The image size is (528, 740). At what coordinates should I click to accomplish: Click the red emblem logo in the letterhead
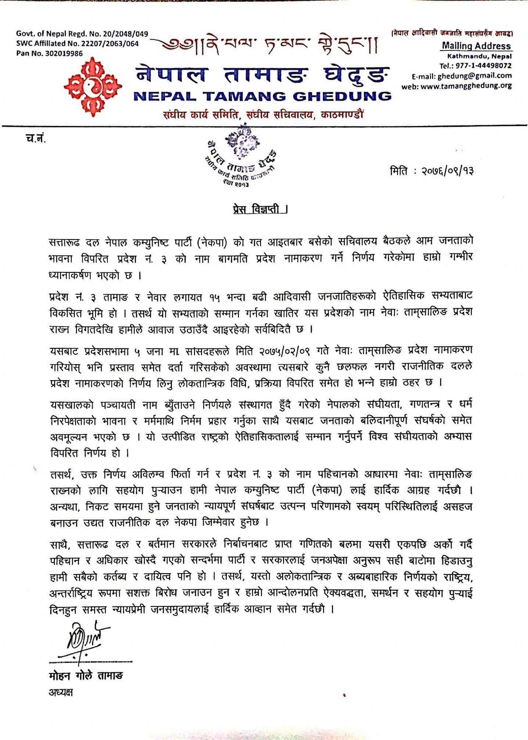pyautogui.click(x=93, y=87)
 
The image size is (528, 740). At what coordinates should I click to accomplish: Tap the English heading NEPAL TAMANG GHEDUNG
pyautogui.click(x=262, y=97)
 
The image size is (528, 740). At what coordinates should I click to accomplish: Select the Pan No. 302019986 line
pyautogui.click(x=49, y=53)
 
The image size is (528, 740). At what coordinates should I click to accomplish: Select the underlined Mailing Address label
pyautogui.click(x=476, y=46)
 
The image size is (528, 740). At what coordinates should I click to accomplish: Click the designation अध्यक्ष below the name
pyautogui.click(x=61, y=692)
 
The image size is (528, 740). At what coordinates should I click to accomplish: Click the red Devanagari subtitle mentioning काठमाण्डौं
pyautogui.click(x=263, y=115)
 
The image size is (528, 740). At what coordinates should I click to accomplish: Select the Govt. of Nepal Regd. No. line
pyautogui.click(x=82, y=34)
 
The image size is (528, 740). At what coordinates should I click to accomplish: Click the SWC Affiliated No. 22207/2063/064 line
pyautogui.click(x=77, y=43)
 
